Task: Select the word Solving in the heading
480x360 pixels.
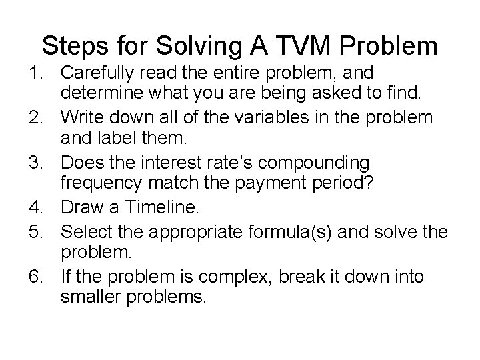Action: [205, 46]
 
